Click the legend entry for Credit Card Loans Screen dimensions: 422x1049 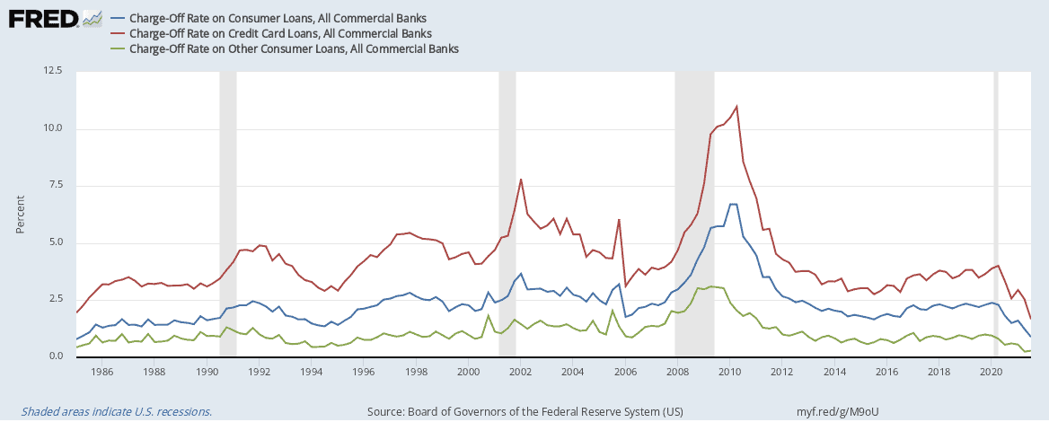pos(280,33)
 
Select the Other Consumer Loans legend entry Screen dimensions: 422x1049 pos(294,48)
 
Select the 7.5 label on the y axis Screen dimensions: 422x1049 pos(55,186)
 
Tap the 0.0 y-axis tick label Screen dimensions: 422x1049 pos(55,356)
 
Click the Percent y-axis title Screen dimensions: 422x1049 pos(21,215)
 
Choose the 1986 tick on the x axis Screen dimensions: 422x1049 pos(101,370)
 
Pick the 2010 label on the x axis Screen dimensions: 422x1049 pos(729,370)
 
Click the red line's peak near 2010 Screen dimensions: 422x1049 pos(736,107)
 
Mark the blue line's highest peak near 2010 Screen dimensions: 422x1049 pos(733,205)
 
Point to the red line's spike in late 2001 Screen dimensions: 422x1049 pos(521,180)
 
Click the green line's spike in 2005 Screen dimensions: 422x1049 pos(612,311)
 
